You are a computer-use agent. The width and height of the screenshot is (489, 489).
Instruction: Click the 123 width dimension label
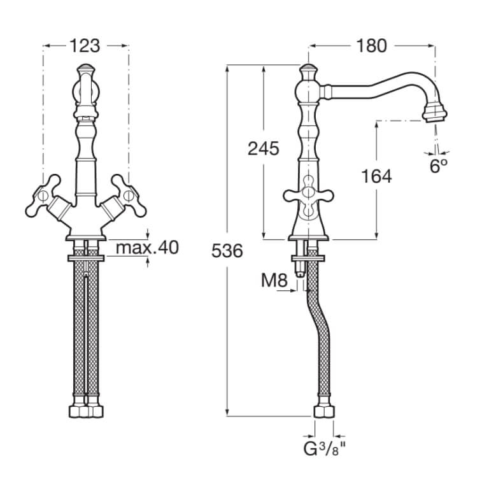pos(85,46)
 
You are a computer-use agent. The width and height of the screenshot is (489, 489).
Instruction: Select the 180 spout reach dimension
pos(371,46)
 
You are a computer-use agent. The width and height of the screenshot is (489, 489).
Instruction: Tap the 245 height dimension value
pos(263,148)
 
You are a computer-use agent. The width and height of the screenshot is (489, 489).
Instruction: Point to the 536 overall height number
pos(227,251)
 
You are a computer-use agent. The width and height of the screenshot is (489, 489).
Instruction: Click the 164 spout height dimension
pos(376,176)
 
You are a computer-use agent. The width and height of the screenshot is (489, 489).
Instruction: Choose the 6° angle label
pos(439,166)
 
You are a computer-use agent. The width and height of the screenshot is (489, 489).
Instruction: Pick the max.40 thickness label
pos(147,248)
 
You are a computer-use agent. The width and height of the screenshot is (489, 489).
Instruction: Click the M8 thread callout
pos(274,280)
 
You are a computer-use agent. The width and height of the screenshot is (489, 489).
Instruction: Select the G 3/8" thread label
pos(325,449)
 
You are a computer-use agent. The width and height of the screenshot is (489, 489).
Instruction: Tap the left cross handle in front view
pos(44,196)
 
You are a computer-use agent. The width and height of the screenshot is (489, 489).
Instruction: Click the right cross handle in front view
pos(128,196)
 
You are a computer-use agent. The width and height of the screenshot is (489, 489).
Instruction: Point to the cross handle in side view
pos(308,196)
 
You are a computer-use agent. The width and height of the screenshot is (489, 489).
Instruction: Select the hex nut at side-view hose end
pos(324,411)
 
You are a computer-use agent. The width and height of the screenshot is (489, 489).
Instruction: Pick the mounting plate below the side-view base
pos(308,259)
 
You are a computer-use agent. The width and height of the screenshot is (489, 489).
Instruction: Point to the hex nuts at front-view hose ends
pos(86,411)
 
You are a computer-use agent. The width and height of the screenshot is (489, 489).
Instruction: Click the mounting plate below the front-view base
pos(86,259)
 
